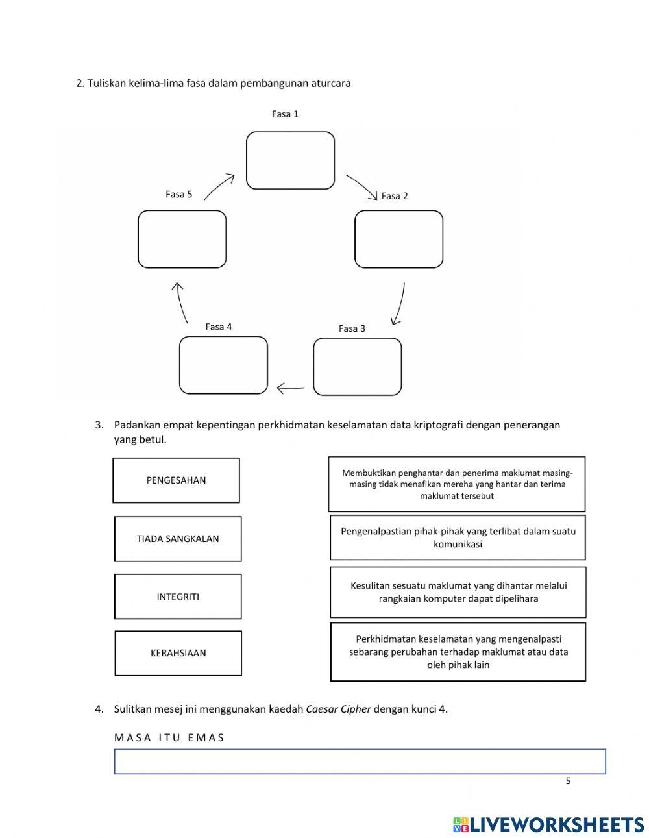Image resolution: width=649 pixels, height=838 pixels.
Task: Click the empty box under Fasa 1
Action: pos(290,160)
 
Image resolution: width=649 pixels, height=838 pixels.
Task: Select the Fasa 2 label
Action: pos(395,196)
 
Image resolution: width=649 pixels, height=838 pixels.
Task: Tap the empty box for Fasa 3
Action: pos(357,367)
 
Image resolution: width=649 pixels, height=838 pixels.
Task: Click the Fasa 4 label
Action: pos(218,327)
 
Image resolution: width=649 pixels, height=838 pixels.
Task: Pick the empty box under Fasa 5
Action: pos(182,239)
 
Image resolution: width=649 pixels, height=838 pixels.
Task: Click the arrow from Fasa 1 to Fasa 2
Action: pos(362,186)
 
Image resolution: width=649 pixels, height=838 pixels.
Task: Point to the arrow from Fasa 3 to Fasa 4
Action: pos(290,388)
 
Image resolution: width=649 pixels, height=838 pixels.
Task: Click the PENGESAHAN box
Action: pos(176,480)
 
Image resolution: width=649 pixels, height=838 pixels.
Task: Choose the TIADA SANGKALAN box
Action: pos(178,539)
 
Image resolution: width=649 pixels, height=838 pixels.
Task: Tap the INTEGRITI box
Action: pos(178,597)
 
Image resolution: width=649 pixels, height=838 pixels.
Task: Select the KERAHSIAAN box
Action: pos(178,653)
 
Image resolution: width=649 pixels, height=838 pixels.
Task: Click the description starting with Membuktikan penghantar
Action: pos(457,484)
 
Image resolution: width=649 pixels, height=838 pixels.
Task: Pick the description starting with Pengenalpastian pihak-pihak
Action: pos(458,537)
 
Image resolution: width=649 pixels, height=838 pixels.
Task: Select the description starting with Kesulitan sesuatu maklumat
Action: pos(458,592)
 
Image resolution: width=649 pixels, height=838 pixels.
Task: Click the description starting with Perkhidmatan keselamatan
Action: pos(458,652)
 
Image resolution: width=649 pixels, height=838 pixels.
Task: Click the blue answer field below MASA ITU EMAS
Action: pos(360,761)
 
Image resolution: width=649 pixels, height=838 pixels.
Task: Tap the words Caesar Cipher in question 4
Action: pos(338,709)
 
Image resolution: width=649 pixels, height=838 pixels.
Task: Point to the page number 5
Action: pos(568,781)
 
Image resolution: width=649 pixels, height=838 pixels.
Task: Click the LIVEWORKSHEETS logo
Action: pos(548,824)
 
